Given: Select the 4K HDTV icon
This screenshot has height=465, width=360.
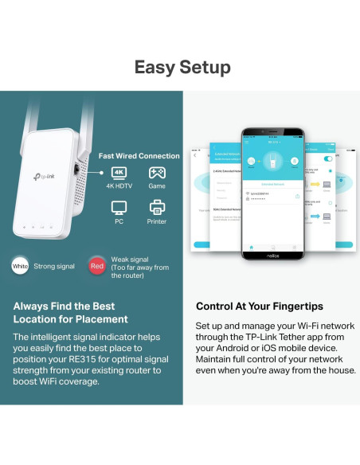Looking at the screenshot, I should (x=119, y=173).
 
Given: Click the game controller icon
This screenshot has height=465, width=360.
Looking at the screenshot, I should (x=157, y=173).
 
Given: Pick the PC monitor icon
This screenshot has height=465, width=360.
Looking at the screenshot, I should (x=119, y=209).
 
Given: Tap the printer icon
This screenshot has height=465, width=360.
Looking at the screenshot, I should (x=157, y=209).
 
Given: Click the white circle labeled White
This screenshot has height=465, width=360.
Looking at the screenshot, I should (x=20, y=266).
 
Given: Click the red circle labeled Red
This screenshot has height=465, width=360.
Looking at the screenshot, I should (x=96, y=266).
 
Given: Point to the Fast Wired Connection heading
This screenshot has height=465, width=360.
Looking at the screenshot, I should (x=139, y=156).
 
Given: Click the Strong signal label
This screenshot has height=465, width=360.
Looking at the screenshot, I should (x=55, y=266).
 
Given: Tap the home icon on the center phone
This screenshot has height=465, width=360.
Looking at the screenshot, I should (x=252, y=247).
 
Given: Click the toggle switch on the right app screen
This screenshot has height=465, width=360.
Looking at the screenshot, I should (x=327, y=158).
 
